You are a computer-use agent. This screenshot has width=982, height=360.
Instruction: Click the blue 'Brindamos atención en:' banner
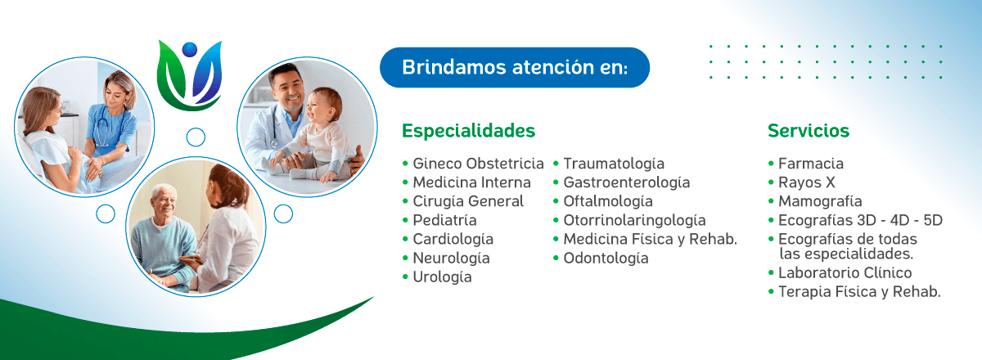click(x=515, y=68)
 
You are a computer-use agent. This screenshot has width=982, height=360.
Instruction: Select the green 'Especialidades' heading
click(x=469, y=131)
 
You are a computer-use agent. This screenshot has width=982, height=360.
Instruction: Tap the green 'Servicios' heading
click(x=809, y=131)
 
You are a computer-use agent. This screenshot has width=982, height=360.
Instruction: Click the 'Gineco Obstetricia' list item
click(x=478, y=164)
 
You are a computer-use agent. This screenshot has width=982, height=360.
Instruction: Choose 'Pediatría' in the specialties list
click(x=444, y=220)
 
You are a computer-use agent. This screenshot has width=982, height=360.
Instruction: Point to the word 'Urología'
click(x=443, y=277)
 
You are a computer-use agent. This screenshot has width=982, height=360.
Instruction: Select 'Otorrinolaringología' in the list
click(x=634, y=221)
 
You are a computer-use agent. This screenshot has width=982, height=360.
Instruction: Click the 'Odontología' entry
click(x=606, y=259)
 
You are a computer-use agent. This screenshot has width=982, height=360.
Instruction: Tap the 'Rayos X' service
click(x=806, y=182)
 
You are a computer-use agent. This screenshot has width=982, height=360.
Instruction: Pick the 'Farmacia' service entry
click(x=811, y=164)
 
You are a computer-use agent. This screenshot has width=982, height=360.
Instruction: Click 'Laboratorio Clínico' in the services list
click(x=845, y=272)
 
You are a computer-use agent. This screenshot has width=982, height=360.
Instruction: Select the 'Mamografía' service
click(x=820, y=202)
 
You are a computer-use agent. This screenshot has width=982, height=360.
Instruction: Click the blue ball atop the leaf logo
click(x=189, y=49)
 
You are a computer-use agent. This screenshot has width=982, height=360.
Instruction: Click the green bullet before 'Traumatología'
click(x=556, y=164)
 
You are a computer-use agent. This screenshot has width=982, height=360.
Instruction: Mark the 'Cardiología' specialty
click(x=453, y=240)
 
